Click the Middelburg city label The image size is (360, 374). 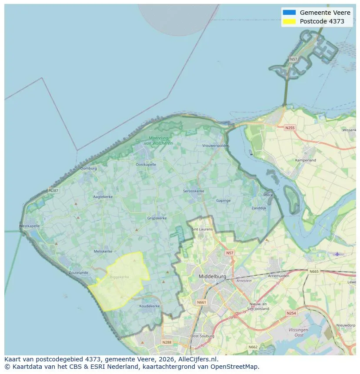pos(213,276)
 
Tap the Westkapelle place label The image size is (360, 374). pos(30,226)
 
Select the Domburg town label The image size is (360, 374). pos(88,168)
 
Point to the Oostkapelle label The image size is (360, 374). pos(146,165)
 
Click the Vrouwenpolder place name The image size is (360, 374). pos(215,146)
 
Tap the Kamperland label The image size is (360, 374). pos(306,160)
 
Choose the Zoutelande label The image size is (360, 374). pos(78,272)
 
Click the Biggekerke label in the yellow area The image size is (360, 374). pos(119,277)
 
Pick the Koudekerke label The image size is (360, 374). pos(150,306)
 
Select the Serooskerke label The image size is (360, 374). pos(193,191)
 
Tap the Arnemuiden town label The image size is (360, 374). pos(279,275)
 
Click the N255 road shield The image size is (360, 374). pos(290,128)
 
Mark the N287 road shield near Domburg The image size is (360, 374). pos(53,190)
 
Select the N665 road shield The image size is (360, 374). pos(313,271)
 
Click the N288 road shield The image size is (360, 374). pos(167,342)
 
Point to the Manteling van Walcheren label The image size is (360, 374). pos(158,141)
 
